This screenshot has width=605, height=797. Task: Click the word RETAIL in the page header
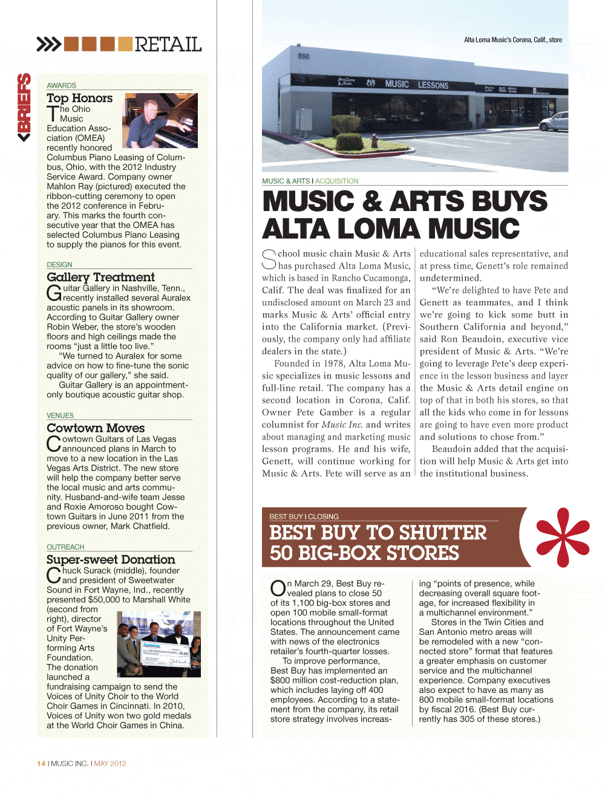(168, 44)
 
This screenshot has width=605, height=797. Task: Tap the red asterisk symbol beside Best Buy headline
(563, 537)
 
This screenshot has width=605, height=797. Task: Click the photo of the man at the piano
(160, 121)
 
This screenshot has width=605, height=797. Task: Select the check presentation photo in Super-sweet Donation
(159, 644)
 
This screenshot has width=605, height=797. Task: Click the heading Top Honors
(79, 98)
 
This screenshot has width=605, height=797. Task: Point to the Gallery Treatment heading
(100, 277)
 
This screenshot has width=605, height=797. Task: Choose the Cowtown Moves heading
(96, 428)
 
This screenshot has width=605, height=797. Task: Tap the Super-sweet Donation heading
(111, 560)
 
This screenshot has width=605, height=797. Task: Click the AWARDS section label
(61, 86)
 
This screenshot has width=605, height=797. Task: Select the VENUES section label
(60, 416)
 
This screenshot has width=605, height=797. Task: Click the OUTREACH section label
(65, 547)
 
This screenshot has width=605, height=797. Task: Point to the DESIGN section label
(59, 265)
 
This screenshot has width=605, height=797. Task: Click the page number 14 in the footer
(41, 764)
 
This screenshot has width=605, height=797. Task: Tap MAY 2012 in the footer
(110, 764)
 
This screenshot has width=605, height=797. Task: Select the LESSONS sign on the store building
(433, 85)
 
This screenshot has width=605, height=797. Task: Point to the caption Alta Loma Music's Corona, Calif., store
(512, 40)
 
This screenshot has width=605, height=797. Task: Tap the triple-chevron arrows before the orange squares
(48, 44)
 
